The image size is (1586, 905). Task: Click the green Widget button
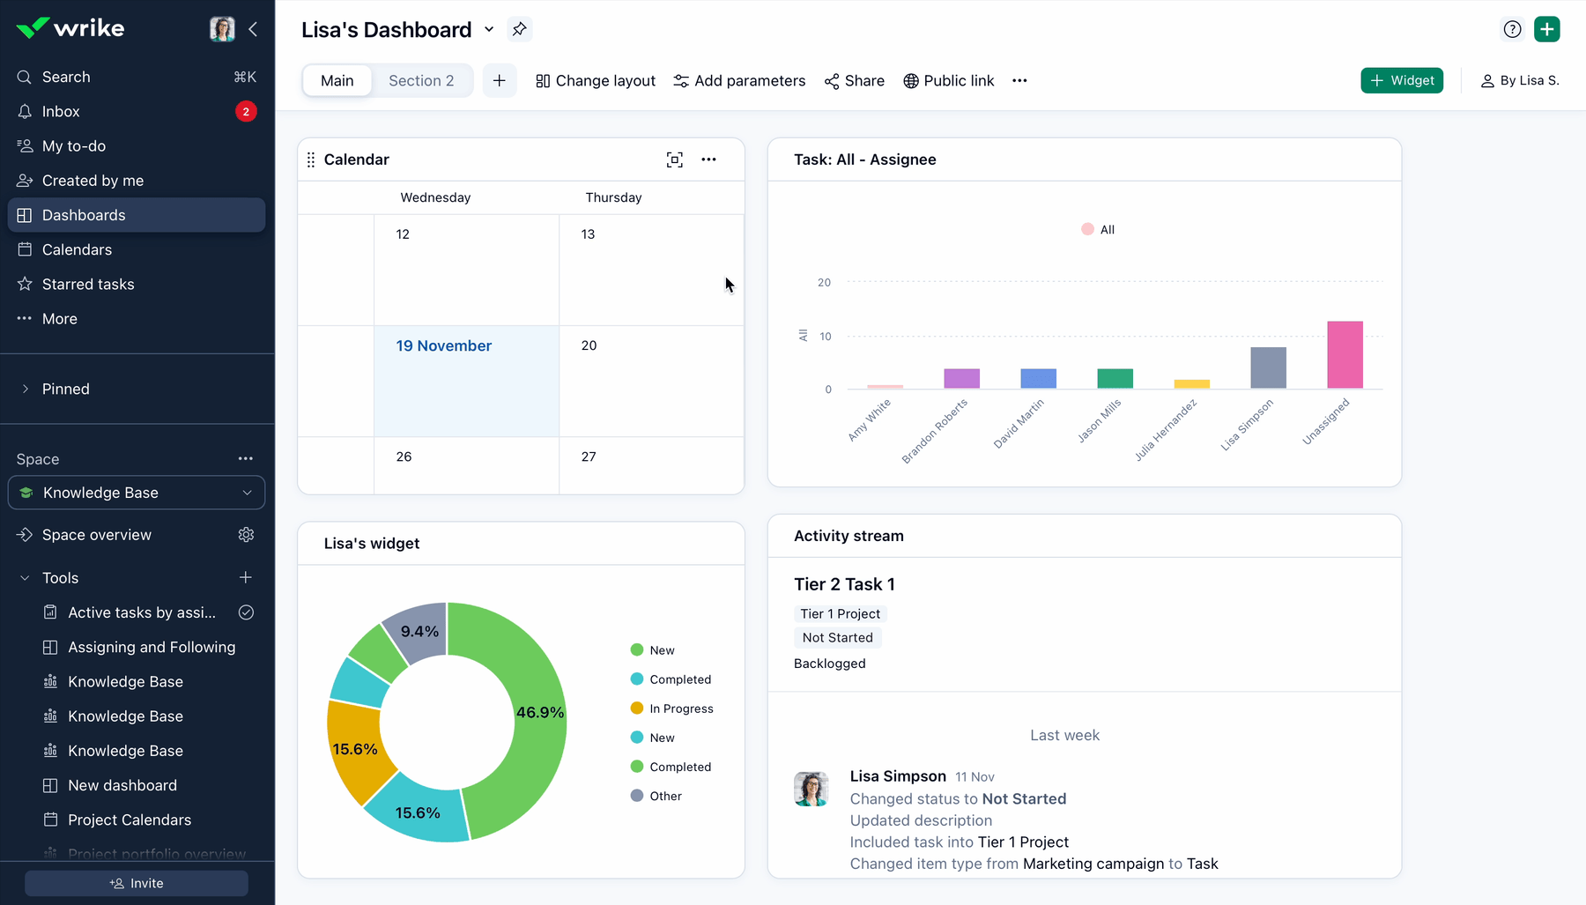1401,80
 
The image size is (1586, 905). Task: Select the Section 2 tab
421,80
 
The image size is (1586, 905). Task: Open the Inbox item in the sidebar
61,111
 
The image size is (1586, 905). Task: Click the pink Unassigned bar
1345,354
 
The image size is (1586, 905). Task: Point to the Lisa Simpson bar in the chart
1268,367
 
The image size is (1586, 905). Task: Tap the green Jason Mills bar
1115,378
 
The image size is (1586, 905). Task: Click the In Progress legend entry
681,708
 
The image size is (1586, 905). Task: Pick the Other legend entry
665,796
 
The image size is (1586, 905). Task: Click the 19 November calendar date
444,345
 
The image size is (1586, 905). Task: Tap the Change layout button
596,80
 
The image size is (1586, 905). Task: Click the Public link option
949,80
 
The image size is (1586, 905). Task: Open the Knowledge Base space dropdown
137,493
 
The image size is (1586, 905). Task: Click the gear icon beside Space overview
246,535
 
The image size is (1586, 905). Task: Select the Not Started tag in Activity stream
837,637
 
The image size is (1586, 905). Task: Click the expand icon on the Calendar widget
674,159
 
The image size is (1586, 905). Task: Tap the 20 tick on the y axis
824,282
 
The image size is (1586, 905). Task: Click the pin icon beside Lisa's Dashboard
520,29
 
